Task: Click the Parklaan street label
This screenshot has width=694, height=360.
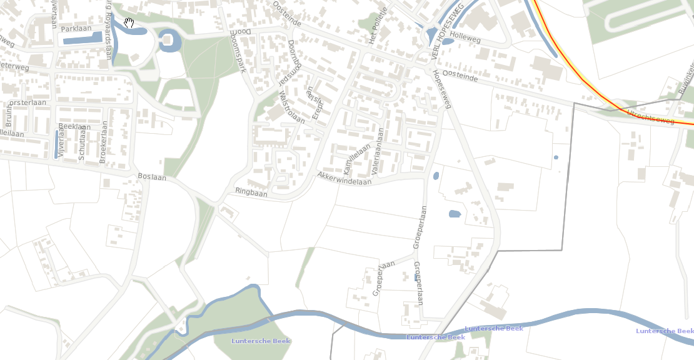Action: click(76, 29)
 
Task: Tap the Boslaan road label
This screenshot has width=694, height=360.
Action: click(152, 177)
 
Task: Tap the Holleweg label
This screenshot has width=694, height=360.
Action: click(465, 38)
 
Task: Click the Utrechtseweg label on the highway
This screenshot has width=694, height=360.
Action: click(650, 116)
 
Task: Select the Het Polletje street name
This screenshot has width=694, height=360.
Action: click(379, 27)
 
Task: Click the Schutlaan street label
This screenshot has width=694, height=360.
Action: click(81, 145)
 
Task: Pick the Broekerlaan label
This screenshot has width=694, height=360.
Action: click(103, 142)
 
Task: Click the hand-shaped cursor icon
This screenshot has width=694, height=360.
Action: click(129, 23)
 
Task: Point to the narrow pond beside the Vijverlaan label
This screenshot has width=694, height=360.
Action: click(56, 144)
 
